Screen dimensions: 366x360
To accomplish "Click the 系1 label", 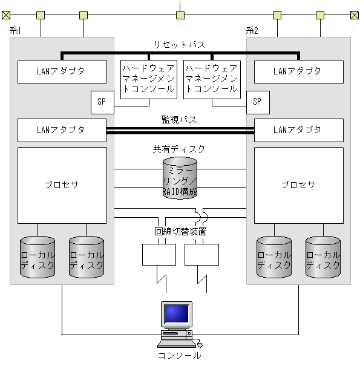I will click(x=16, y=31).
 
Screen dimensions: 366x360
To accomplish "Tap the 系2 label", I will click(x=252, y=31).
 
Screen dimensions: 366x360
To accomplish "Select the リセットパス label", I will click(x=179, y=45).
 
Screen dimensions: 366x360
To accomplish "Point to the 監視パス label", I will click(x=179, y=120).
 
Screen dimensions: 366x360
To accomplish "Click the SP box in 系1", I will click(x=102, y=102).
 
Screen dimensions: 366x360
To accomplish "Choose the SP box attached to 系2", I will click(x=258, y=102).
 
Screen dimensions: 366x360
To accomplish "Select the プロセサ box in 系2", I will click(x=298, y=185).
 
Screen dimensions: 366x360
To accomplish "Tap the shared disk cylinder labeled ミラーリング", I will click(x=180, y=178).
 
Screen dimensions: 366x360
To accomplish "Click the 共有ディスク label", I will click(x=179, y=149).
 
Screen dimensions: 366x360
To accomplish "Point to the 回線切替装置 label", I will click(x=180, y=232).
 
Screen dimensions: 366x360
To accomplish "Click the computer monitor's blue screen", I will click(x=177, y=313).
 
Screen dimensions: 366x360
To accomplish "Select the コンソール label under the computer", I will click(x=179, y=356).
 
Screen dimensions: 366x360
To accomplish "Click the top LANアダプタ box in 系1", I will click(x=61, y=71).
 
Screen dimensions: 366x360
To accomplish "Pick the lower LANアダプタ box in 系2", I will click(x=298, y=129).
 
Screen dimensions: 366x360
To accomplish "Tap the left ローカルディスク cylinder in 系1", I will click(x=38, y=257).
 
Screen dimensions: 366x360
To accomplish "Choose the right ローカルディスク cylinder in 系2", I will click(x=322, y=257).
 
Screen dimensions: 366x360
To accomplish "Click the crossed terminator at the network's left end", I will click(x=5, y=15).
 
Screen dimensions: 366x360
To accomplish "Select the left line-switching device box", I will click(x=159, y=254).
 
